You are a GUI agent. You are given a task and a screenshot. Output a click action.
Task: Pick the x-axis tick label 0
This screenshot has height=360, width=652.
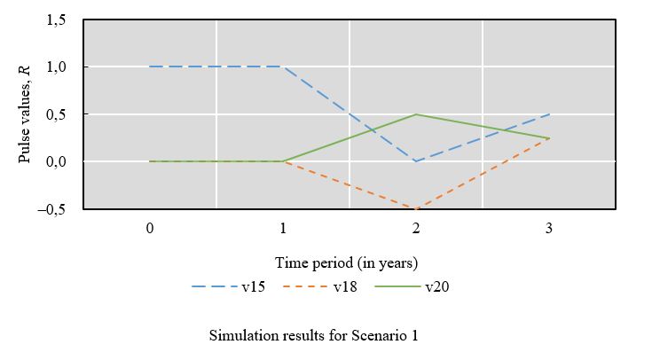pyautogui.click(x=150, y=228)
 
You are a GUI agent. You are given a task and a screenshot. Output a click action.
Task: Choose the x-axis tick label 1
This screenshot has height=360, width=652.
pyautogui.click(x=283, y=228)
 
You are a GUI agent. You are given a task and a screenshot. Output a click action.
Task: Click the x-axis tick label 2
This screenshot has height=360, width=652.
pyautogui.click(x=416, y=228)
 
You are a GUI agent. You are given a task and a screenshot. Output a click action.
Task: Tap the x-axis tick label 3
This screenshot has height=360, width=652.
pyautogui.click(x=549, y=228)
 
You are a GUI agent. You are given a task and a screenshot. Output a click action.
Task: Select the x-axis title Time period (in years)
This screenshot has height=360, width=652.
pyautogui.click(x=346, y=262)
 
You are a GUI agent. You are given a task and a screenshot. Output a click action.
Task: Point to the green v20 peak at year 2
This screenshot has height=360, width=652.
pyautogui.click(x=416, y=114)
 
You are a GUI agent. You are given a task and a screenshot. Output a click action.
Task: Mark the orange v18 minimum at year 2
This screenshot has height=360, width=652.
pyautogui.click(x=416, y=208)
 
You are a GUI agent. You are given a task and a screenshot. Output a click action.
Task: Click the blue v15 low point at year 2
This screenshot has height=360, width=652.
pyautogui.click(x=416, y=161)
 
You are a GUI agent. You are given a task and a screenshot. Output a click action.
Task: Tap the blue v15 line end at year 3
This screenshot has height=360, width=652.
pyautogui.click(x=549, y=114)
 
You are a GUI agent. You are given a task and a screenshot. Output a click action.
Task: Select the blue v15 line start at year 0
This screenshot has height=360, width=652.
pyautogui.click(x=150, y=67)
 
